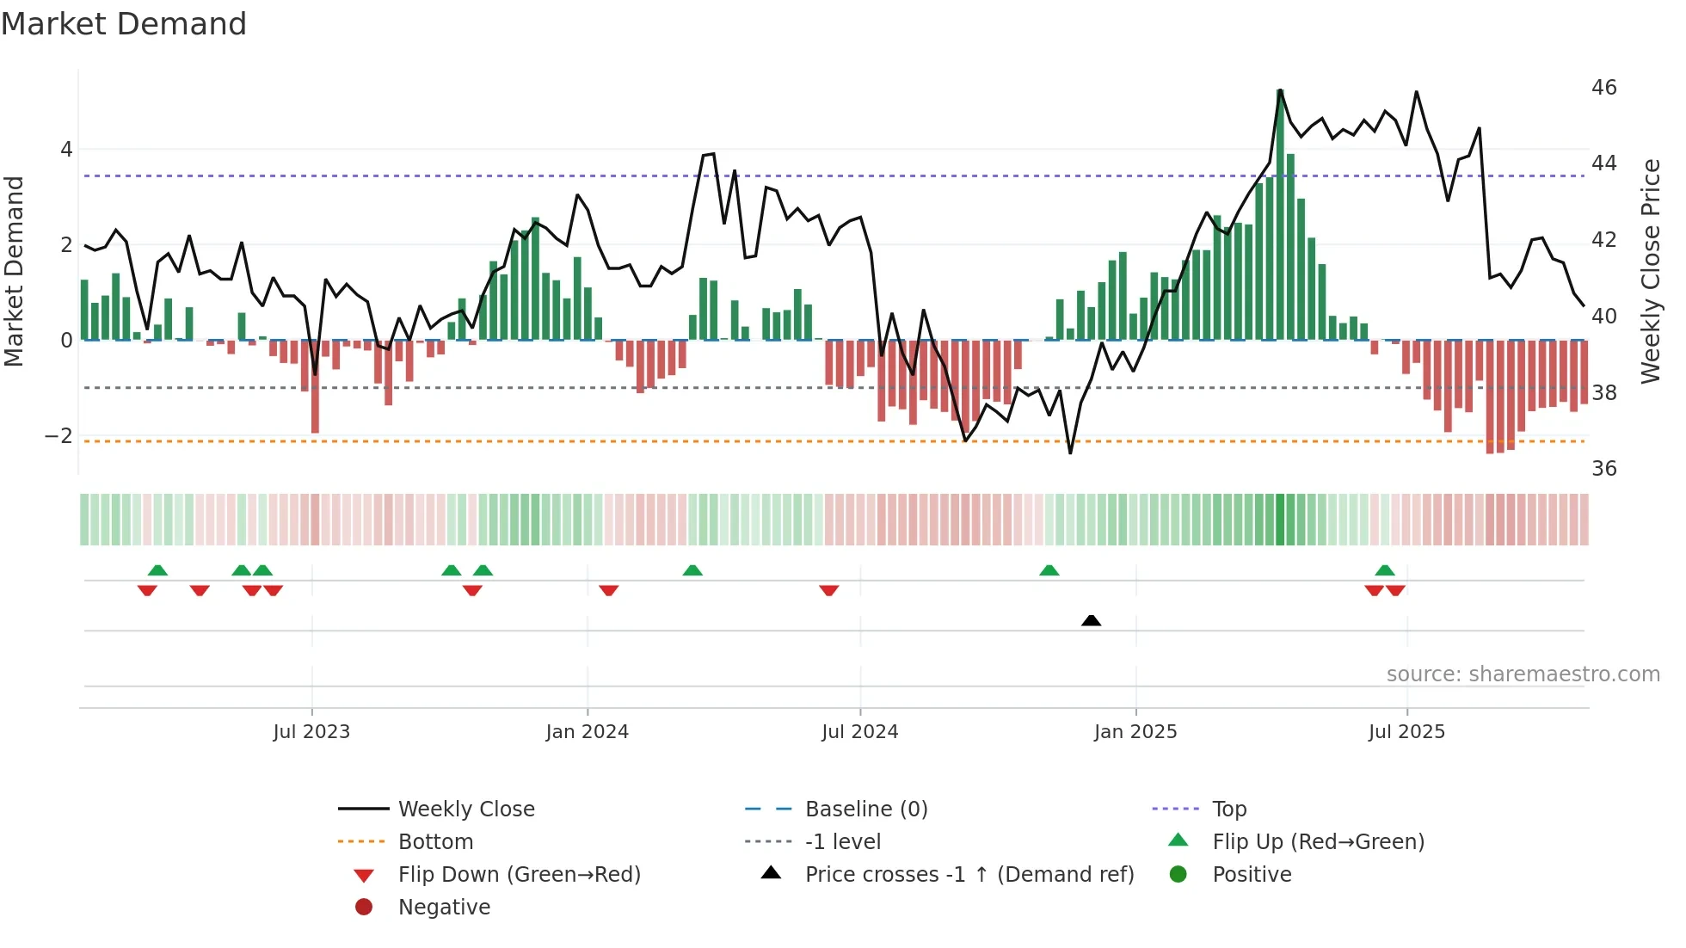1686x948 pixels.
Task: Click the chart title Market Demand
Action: coord(124,24)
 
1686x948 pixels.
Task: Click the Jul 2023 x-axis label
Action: coord(311,732)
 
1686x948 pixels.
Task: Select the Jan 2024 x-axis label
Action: coord(588,732)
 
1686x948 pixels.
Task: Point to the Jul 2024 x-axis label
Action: coord(860,732)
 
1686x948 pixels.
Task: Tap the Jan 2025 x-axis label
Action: coord(1135,732)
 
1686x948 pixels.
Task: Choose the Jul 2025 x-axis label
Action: coord(1407,732)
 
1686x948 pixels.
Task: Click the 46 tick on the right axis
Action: coord(1604,88)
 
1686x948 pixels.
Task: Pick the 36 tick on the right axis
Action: coord(1604,469)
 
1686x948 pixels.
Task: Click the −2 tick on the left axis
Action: coord(58,436)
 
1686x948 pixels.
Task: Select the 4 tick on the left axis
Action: coord(66,150)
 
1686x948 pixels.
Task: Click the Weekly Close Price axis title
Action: coord(1651,271)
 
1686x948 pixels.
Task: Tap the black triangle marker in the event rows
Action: coord(1091,620)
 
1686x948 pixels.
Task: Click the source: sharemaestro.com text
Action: coord(1523,674)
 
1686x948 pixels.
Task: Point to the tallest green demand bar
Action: coord(1280,215)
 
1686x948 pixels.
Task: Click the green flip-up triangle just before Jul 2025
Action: coord(1385,570)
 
